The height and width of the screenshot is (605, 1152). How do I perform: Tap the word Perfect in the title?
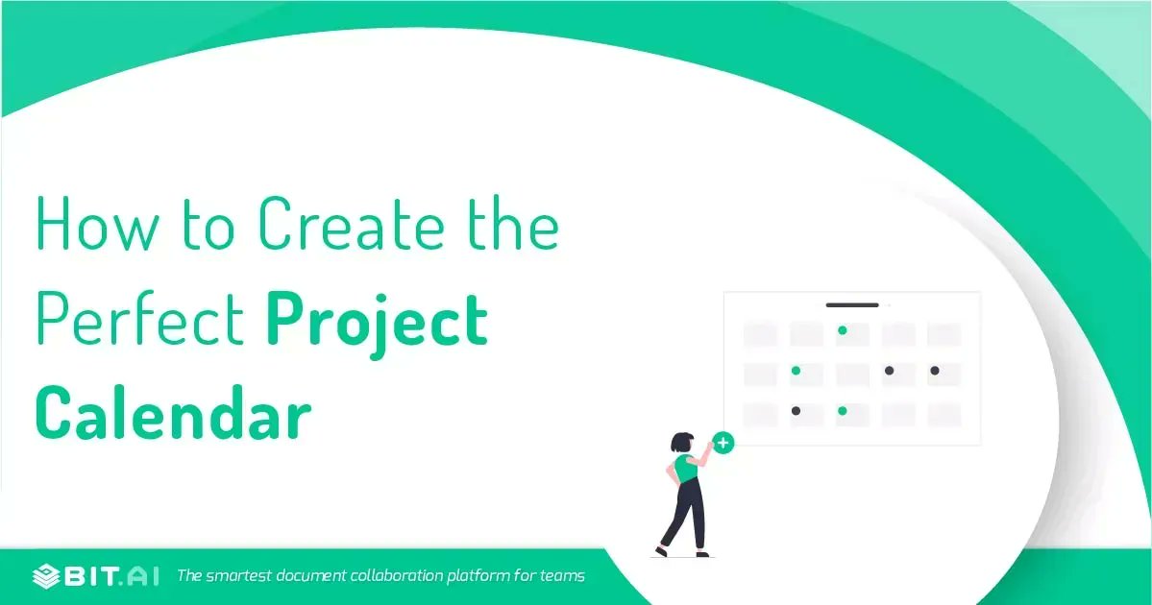[x=140, y=322]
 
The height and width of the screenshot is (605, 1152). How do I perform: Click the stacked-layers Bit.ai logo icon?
[x=46, y=576]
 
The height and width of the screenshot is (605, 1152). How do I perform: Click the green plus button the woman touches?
[x=723, y=444]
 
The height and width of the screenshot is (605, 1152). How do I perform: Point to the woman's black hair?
[x=681, y=442]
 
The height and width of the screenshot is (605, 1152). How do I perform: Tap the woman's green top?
[x=686, y=469]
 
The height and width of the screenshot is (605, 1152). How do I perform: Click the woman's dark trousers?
[x=686, y=514]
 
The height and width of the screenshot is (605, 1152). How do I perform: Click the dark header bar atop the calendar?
[x=852, y=305]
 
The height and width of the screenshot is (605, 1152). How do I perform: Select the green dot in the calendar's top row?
[x=842, y=330]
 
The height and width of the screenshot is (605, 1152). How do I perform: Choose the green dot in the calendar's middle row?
[x=796, y=371]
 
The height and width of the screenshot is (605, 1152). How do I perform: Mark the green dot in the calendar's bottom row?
[x=842, y=411]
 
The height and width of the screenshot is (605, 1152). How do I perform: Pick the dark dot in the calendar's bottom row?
[x=796, y=411]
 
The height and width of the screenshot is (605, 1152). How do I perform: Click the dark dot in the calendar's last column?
[x=934, y=371]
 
